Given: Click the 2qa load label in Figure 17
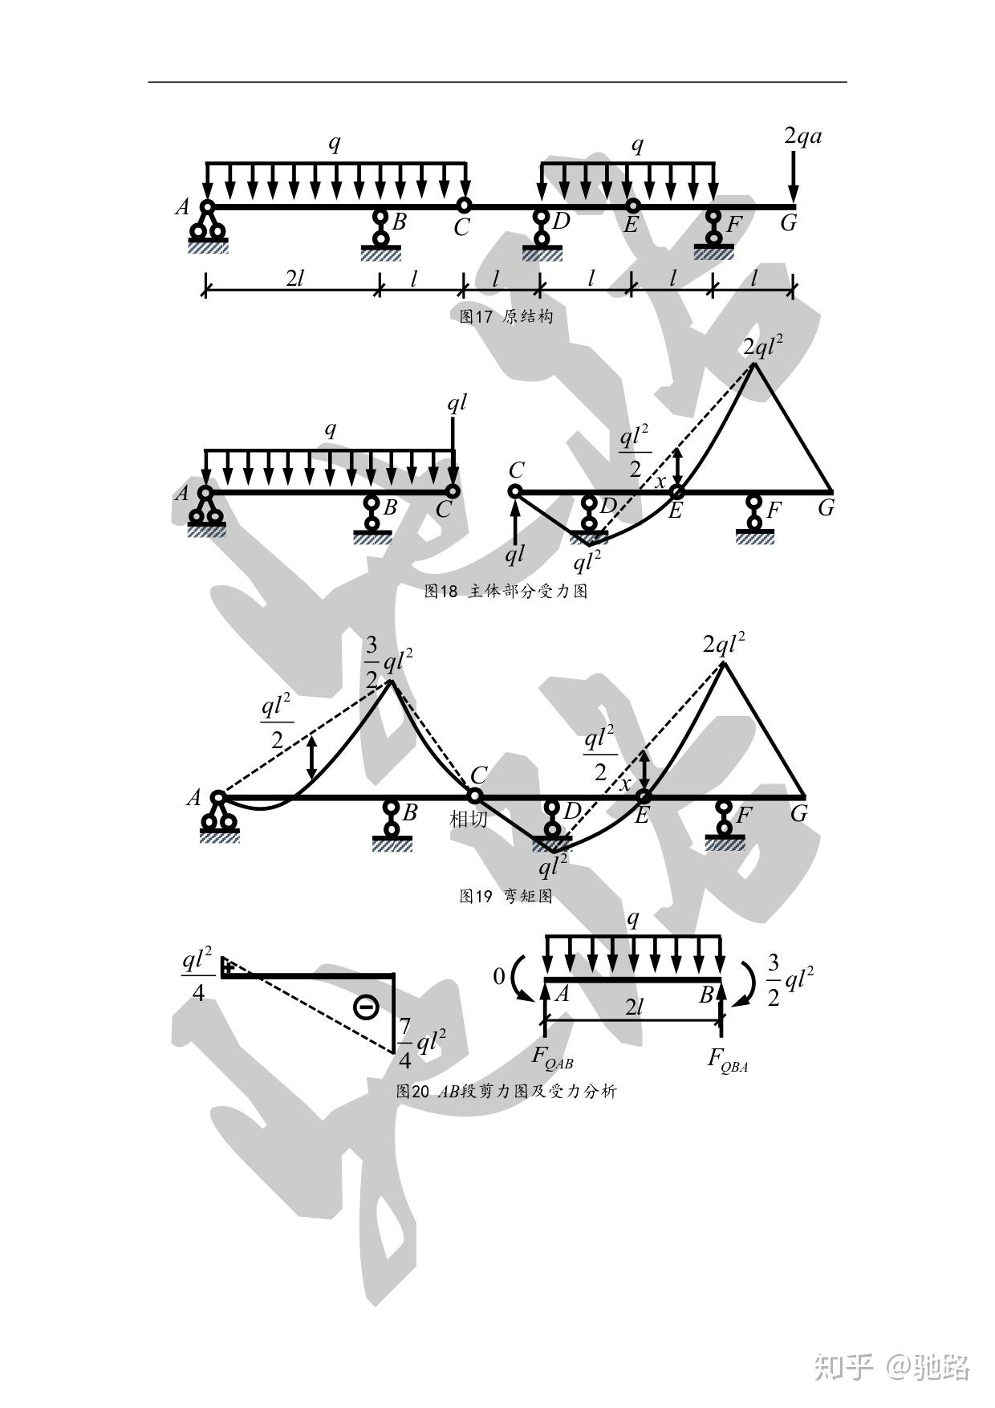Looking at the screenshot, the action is coord(802,136).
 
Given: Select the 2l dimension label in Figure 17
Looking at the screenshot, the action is coord(294,279).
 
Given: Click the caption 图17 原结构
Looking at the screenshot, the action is coord(506,316).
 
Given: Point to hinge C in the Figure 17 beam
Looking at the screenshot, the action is coord(464,206).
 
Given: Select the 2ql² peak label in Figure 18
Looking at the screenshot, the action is coord(762,347).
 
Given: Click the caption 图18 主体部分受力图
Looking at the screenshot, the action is coord(506,592).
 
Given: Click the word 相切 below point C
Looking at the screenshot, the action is coord(468,820).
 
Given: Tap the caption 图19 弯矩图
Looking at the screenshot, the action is coord(506,896).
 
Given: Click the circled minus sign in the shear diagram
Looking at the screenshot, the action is coord(366,1006).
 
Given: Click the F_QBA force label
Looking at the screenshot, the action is coord(727,1060).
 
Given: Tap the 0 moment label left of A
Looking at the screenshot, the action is coord(499,976).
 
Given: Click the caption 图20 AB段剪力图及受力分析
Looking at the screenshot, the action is coord(506,1091).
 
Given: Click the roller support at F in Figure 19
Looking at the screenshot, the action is coord(725,827).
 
